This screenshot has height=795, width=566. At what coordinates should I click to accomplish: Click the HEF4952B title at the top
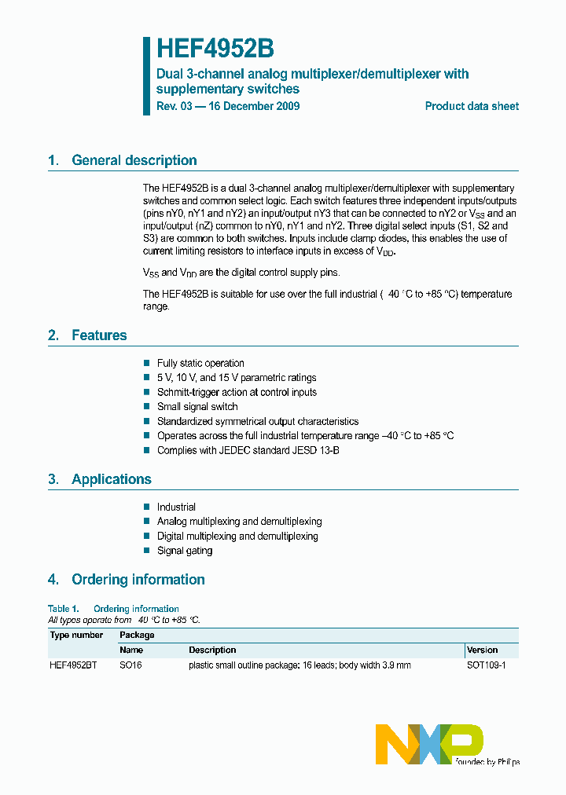tap(215, 49)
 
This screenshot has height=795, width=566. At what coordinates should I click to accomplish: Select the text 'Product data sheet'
tap(472, 106)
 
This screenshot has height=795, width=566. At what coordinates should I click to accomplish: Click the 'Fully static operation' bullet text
tap(200, 363)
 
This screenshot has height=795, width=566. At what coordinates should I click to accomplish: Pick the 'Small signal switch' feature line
tap(197, 406)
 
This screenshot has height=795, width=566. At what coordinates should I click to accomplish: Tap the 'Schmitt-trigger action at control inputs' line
tap(237, 392)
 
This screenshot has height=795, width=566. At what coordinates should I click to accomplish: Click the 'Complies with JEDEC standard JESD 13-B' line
tap(248, 450)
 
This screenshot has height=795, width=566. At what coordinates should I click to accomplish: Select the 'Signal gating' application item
tap(185, 551)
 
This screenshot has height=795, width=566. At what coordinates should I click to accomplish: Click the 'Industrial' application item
tap(176, 507)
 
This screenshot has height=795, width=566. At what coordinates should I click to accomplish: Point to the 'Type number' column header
tap(76, 635)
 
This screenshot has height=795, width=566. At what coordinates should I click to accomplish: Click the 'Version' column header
tap(482, 650)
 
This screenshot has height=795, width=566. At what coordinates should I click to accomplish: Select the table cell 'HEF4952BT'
tap(73, 665)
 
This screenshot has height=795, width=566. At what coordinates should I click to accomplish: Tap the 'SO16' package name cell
tap(130, 665)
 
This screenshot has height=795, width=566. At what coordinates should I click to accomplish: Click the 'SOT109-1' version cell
tap(486, 665)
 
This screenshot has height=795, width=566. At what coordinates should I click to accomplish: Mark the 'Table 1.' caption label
tap(64, 609)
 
